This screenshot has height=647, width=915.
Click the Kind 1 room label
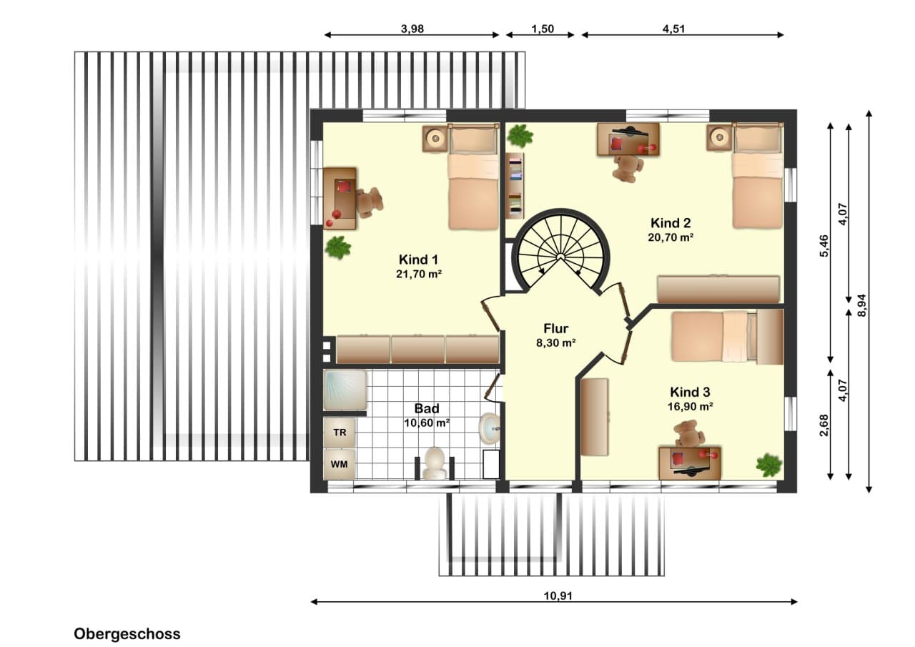(418, 260)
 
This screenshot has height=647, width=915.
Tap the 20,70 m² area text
(671, 237)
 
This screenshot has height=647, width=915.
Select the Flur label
(555, 328)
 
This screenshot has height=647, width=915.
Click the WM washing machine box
(340, 464)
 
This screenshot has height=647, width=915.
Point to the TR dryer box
(340, 432)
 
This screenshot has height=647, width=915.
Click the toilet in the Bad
(434, 463)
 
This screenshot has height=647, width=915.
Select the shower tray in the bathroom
(345, 390)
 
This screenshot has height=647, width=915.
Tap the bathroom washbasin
(489, 428)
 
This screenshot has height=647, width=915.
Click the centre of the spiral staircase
(560, 256)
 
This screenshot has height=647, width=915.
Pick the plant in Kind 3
(768, 465)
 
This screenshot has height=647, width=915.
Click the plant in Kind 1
(338, 247)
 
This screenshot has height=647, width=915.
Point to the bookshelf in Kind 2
(515, 185)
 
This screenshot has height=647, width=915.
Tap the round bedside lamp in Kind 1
(435, 139)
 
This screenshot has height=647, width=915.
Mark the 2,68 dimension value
(824, 425)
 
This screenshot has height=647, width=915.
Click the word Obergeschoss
(127, 634)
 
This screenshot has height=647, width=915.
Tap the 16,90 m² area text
(691, 406)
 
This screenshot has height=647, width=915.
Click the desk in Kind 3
(690, 463)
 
